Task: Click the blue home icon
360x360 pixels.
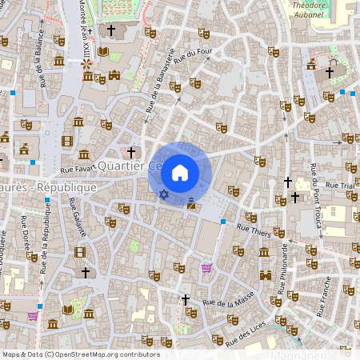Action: pyautogui.click(x=180, y=172)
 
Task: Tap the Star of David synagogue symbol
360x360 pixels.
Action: pyautogui.click(x=164, y=194)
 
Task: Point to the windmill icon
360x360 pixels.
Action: pyautogui.click(x=102, y=53)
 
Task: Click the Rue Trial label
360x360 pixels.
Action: pyautogui.click(x=341, y=186)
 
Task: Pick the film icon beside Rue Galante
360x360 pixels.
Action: pyautogui.click(x=78, y=252)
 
